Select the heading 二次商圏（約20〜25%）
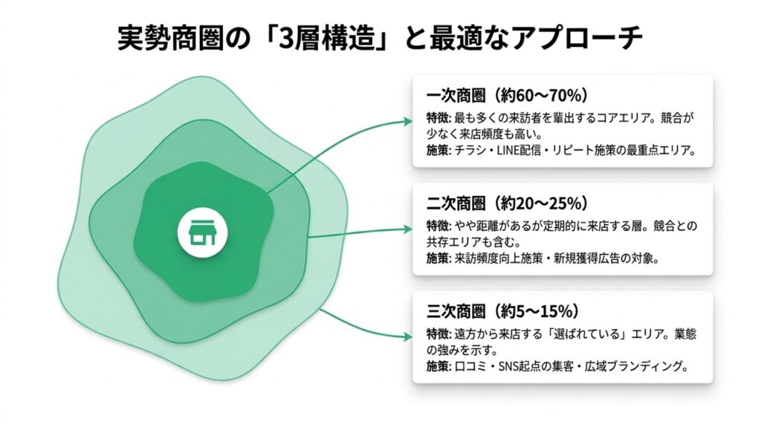(508, 203)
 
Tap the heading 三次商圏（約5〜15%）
(502, 310)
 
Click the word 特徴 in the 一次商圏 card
(435, 119)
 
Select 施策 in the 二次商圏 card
(435, 259)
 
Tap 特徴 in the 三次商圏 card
(435, 333)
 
